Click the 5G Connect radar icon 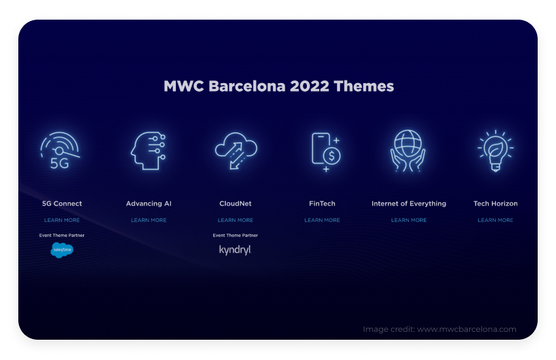tap(60, 151)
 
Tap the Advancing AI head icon tap(148, 151)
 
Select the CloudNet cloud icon tap(235, 151)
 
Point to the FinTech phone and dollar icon tap(326, 152)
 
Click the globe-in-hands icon tap(408, 151)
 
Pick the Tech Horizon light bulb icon tap(496, 151)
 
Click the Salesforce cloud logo tap(62, 250)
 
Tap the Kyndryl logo tap(235, 250)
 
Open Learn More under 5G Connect tap(61, 221)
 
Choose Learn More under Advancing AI tap(148, 221)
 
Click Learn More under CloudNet tap(235, 221)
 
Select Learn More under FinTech tap(322, 221)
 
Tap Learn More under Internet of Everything tap(409, 221)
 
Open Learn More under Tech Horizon tap(495, 221)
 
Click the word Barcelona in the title tap(247, 86)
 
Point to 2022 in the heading tap(309, 86)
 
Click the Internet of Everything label tap(409, 204)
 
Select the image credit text tap(440, 329)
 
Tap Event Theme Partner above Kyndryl tap(235, 235)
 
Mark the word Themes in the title tap(364, 86)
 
